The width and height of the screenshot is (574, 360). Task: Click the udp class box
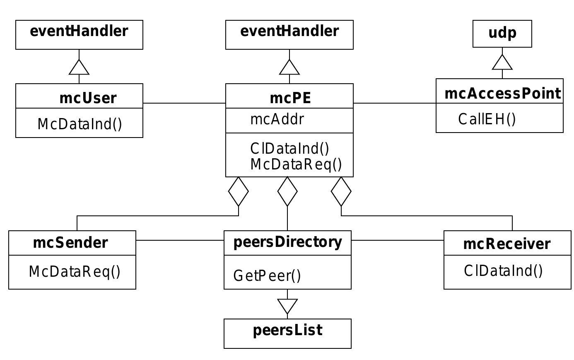click(502, 34)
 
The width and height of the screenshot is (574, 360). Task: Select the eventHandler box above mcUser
click(79, 34)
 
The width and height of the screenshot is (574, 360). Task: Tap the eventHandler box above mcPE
click(289, 34)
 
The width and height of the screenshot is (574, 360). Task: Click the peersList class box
click(287, 333)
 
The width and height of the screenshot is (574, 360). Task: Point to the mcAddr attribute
click(277, 119)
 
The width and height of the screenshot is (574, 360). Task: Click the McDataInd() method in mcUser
click(80, 124)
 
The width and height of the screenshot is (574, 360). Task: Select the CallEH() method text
click(487, 119)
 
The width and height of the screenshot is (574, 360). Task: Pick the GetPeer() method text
click(267, 275)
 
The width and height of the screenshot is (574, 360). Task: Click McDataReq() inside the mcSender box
click(75, 272)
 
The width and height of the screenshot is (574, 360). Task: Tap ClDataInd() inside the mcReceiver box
click(503, 271)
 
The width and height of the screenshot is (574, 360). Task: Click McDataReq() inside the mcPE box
click(296, 164)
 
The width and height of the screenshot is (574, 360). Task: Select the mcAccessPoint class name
click(502, 94)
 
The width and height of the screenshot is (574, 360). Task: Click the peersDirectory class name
click(288, 242)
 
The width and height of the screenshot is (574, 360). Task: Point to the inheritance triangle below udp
click(502, 63)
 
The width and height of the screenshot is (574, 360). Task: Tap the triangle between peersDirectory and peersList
click(287, 306)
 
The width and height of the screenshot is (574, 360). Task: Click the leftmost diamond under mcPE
click(239, 191)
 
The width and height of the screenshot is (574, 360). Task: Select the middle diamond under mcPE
click(287, 191)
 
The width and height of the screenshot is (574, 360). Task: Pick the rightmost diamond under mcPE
click(341, 191)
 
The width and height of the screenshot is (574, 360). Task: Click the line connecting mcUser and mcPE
click(184, 103)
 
